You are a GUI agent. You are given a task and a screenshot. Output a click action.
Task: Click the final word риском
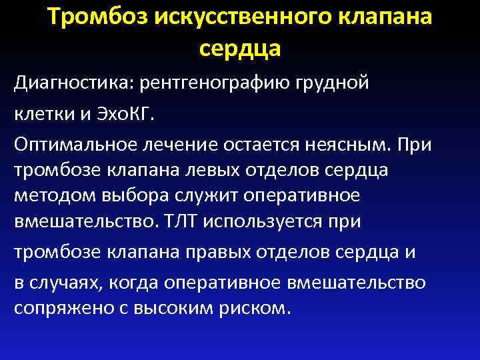coord(261,308)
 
